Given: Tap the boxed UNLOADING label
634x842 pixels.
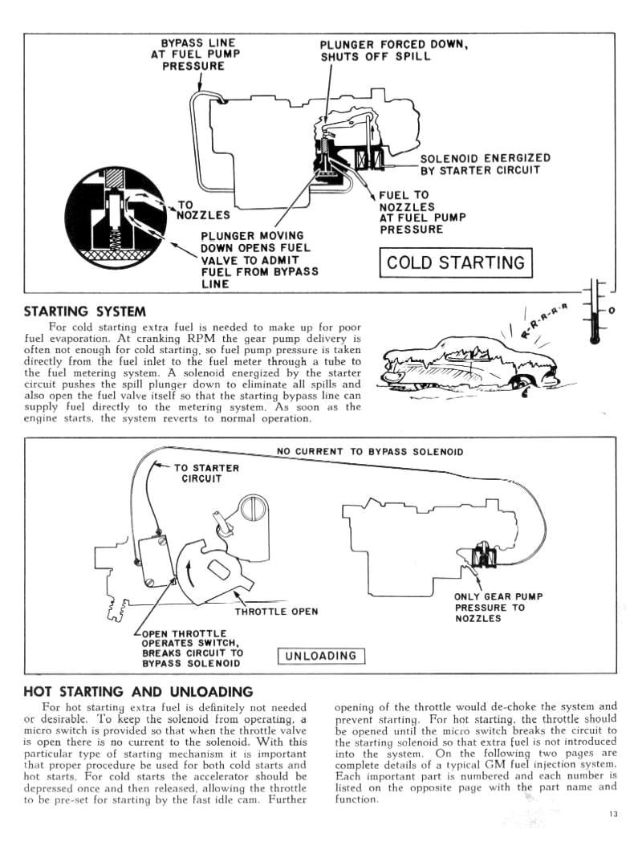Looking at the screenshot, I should point(321,656).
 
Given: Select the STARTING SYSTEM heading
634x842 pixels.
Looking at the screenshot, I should point(85,311).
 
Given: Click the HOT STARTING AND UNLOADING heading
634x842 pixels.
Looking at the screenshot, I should point(139,692).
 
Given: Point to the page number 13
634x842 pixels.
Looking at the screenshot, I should point(613,816).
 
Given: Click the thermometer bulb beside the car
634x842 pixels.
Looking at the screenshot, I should point(595,338).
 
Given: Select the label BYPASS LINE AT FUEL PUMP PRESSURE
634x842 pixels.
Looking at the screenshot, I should point(193,54).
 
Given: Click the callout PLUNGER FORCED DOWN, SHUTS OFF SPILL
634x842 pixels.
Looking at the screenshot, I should point(393,51).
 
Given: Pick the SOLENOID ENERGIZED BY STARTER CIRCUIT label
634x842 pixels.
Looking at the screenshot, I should point(485,164).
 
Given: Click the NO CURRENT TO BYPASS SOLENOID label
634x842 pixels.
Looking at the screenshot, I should point(370,452).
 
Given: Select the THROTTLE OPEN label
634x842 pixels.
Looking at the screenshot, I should point(276,612).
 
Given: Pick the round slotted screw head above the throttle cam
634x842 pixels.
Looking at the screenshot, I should point(250,509).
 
